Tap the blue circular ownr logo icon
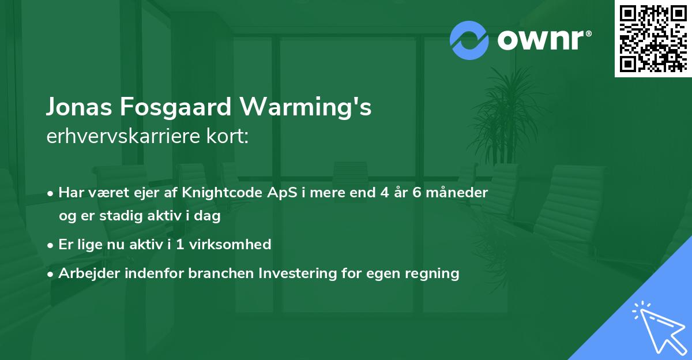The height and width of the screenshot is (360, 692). tap(469, 40)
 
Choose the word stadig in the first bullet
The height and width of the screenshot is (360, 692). tap(119, 217)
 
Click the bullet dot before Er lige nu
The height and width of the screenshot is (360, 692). tap(51, 245)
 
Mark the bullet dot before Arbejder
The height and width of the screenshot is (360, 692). tap(51, 273)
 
